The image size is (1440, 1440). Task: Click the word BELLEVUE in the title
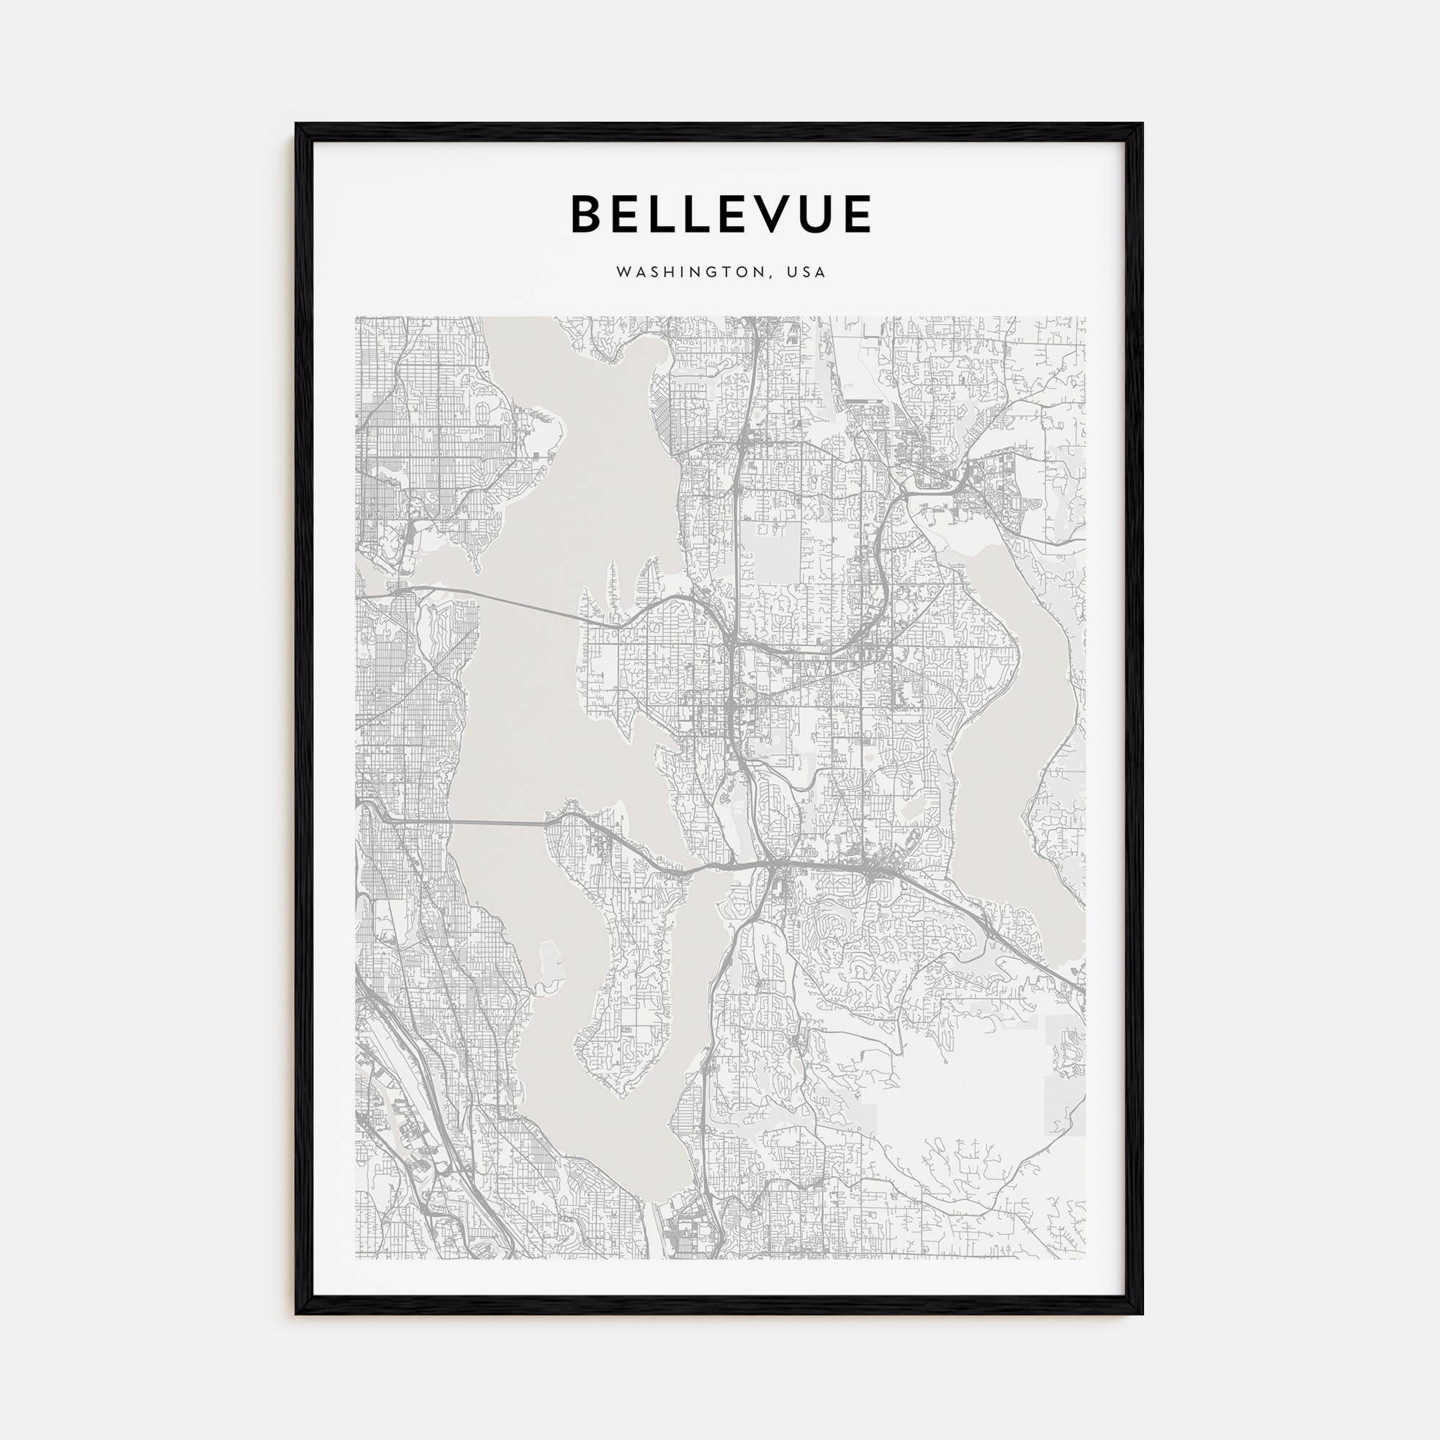click(721, 214)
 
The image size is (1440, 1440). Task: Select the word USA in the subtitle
click(810, 273)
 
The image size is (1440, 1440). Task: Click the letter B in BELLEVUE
click(587, 214)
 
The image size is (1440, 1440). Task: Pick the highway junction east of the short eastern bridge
click(775, 865)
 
